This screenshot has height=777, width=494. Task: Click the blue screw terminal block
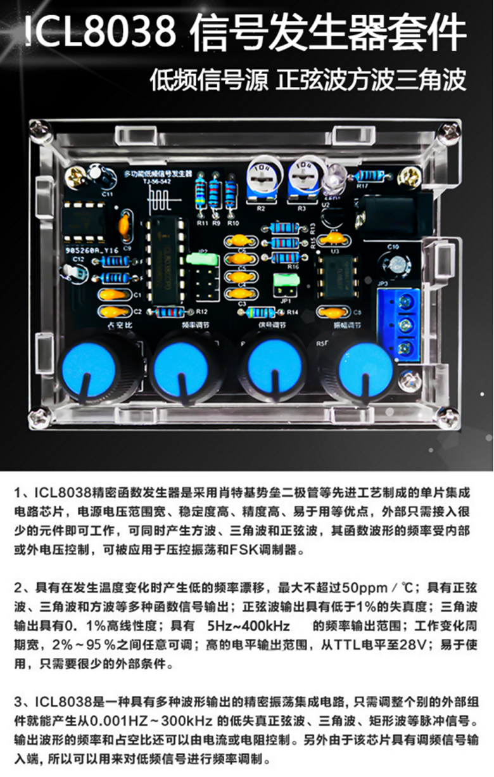point(399,324)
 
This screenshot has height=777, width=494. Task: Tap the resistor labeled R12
point(170,312)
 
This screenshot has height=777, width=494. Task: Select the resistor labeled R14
point(260,312)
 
